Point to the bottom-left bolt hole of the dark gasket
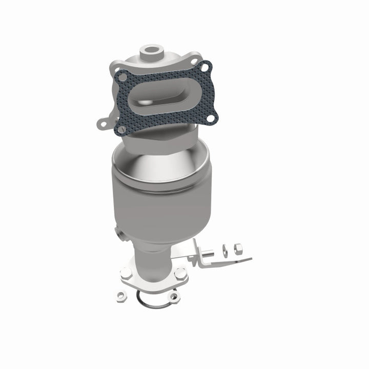pyautogui.click(x=121, y=130)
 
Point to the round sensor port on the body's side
pyautogui.click(x=119, y=235)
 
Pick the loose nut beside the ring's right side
pyautogui.click(x=174, y=295)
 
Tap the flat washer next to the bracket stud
pyautogui.click(x=225, y=251)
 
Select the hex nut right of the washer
pyautogui.click(x=238, y=249)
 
